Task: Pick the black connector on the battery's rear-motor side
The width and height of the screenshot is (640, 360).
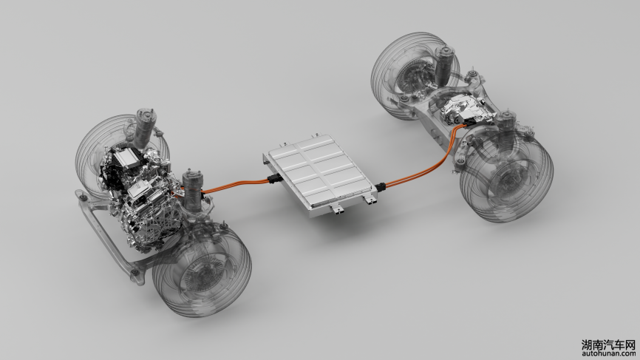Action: coord(381,187)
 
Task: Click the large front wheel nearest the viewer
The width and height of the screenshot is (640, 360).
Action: coord(202,271)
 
